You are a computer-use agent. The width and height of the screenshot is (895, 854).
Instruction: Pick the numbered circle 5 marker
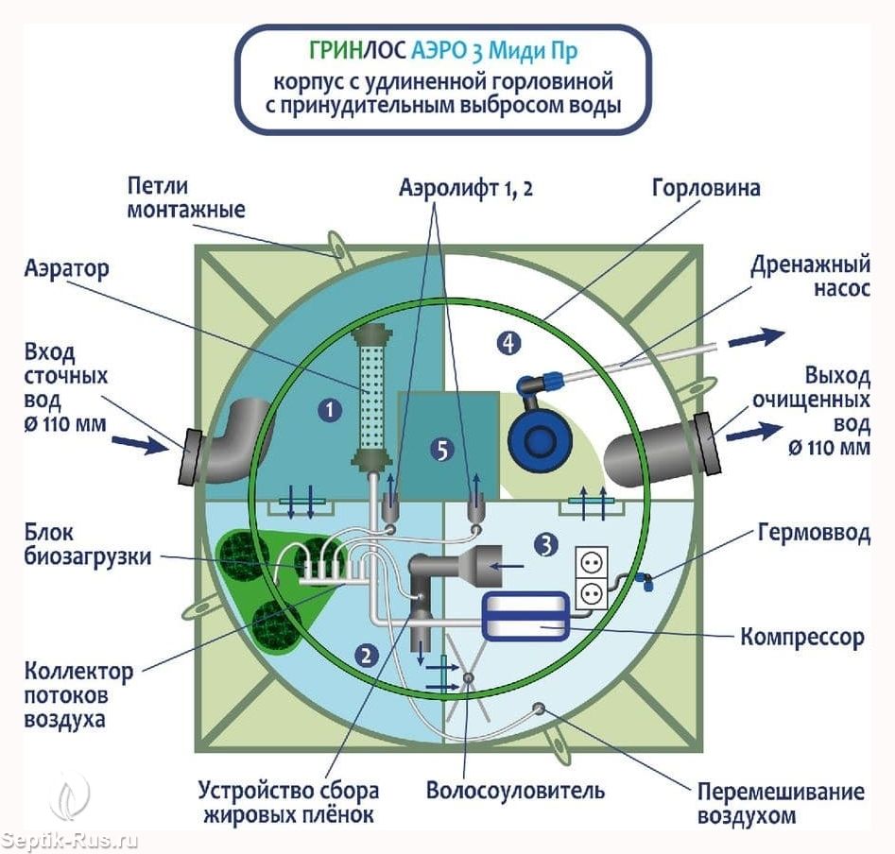pos(439,451)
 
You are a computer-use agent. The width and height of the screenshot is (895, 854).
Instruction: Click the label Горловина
pos(705,188)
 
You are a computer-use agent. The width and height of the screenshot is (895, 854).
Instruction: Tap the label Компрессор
pos(802,637)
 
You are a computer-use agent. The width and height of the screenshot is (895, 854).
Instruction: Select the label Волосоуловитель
pos(515,789)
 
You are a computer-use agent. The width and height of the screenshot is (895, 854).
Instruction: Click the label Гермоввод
pos(813,534)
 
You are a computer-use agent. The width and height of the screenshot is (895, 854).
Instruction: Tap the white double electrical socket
pos(592,576)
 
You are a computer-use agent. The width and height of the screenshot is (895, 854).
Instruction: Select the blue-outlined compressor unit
pos(525,618)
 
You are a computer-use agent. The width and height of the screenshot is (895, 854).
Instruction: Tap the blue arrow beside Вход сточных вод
pos(137,443)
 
